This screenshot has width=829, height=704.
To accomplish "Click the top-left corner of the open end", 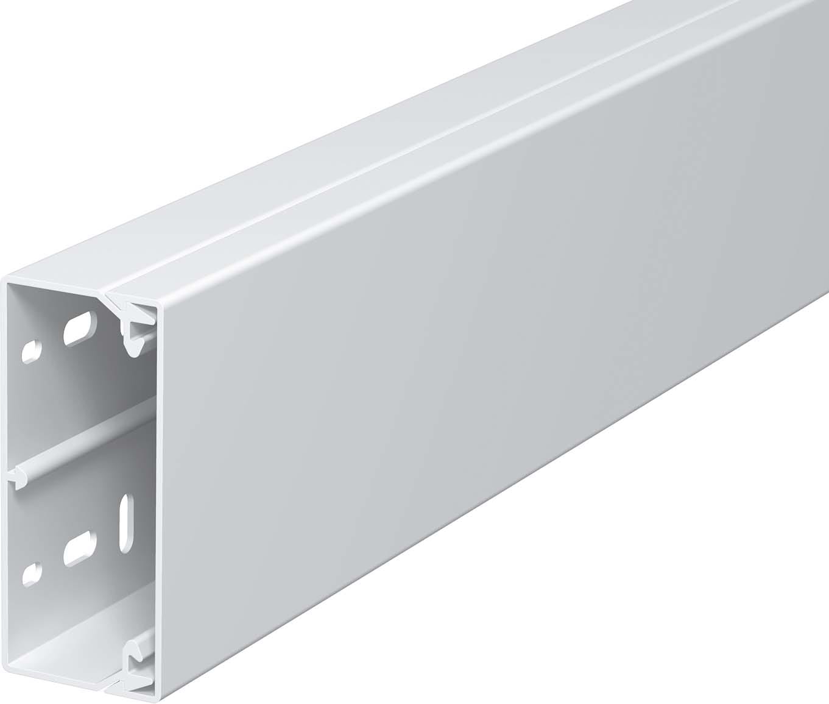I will tap(7, 282).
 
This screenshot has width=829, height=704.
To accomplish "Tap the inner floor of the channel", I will tap(61, 646).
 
